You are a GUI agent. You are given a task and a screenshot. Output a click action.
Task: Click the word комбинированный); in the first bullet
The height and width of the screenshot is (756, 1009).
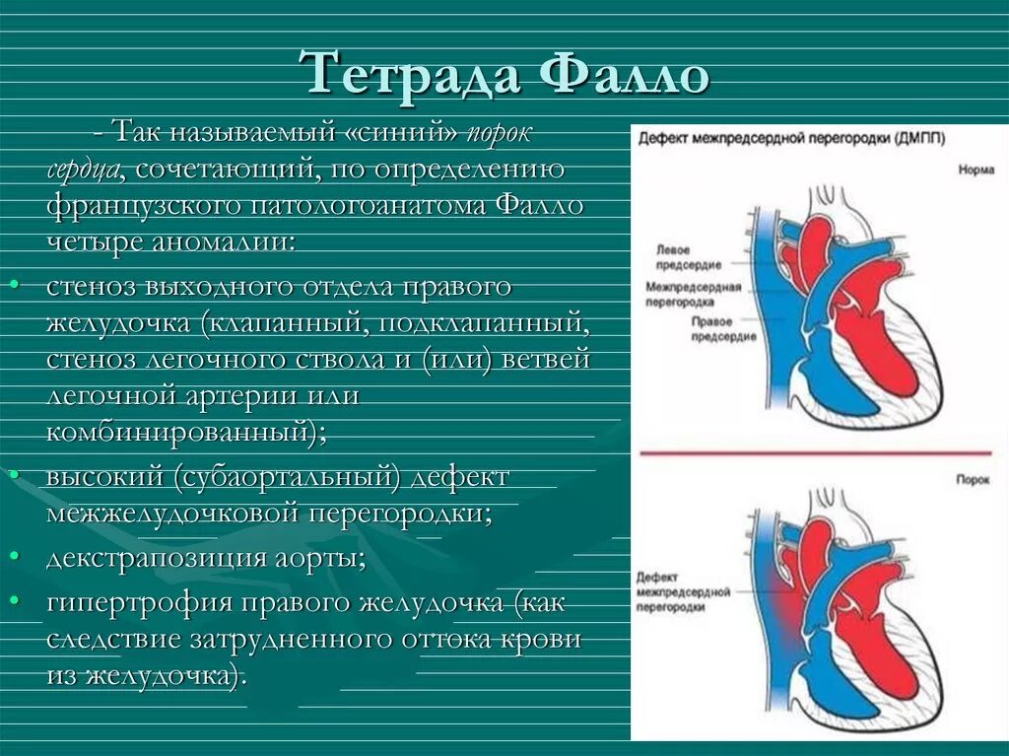[x=187, y=432]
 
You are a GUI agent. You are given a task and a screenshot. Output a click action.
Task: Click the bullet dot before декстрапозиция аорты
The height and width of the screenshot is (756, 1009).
[x=15, y=557]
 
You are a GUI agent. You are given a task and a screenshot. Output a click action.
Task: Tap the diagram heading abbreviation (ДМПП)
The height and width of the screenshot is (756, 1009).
[x=917, y=139]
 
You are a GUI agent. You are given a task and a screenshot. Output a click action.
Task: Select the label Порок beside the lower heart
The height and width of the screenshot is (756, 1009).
[x=974, y=477]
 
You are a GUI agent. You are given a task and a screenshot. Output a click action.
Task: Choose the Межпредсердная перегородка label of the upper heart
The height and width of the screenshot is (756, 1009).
[x=694, y=293]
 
